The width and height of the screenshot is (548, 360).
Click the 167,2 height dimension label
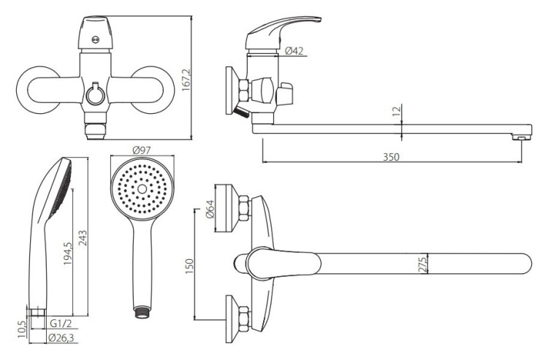(186, 80)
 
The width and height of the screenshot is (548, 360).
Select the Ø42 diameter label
(294, 51)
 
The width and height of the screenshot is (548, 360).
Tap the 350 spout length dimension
(391, 157)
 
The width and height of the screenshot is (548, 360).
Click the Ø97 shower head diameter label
(142, 150)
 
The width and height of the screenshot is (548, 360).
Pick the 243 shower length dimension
(83, 238)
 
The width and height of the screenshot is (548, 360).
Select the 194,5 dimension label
(68, 253)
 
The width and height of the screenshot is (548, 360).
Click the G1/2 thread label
(61, 323)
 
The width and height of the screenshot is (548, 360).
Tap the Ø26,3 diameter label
(61, 338)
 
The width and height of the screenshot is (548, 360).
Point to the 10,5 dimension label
(22, 329)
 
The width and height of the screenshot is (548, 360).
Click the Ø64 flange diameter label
(210, 209)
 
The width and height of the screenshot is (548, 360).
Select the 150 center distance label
(189, 266)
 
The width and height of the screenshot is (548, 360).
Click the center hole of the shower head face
(142, 189)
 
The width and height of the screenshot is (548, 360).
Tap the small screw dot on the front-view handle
(95, 40)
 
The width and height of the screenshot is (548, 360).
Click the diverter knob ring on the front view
(95, 95)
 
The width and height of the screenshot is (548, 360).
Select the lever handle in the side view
(283, 32)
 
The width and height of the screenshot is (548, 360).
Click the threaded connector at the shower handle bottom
(142, 312)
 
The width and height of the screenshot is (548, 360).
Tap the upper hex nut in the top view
(243, 208)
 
